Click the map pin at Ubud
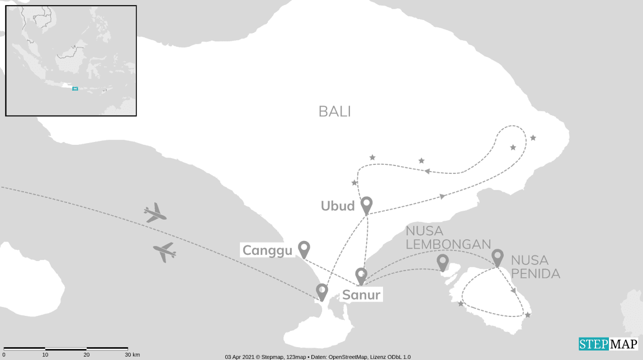pyautogui.click(x=367, y=204)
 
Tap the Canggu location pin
pyautogui.click(x=304, y=248)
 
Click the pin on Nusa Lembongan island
pyautogui.click(x=442, y=261)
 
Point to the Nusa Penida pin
pyautogui.click(x=497, y=257)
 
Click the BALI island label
pyautogui.click(x=335, y=111)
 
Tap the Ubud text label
pyautogui.click(x=338, y=206)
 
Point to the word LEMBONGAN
pyautogui.click(x=448, y=244)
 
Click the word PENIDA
pyautogui.click(x=535, y=273)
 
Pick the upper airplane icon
pyautogui.click(x=155, y=213)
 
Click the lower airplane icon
pyautogui.click(x=164, y=252)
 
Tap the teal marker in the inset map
pyautogui.click(x=75, y=88)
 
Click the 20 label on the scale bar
pyautogui.click(x=86, y=355)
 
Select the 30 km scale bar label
pyautogui.click(x=132, y=355)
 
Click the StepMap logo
pyautogui.click(x=607, y=343)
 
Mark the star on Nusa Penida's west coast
pyautogui.click(x=461, y=304)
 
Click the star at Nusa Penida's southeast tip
pyautogui.click(x=527, y=315)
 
